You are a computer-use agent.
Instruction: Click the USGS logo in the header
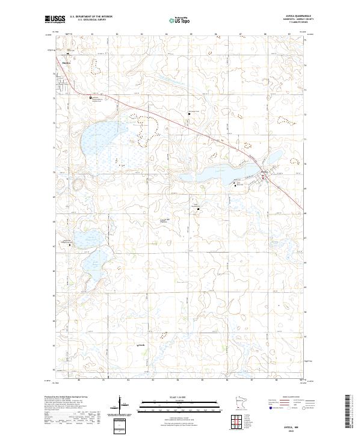55,19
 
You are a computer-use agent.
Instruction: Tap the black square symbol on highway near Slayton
91,97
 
